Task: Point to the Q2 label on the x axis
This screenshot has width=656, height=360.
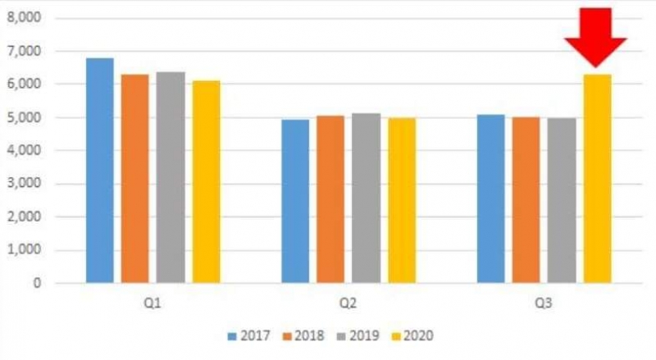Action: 348,303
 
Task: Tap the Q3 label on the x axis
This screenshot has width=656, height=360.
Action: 544,303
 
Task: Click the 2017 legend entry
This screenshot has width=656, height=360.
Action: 250,335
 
